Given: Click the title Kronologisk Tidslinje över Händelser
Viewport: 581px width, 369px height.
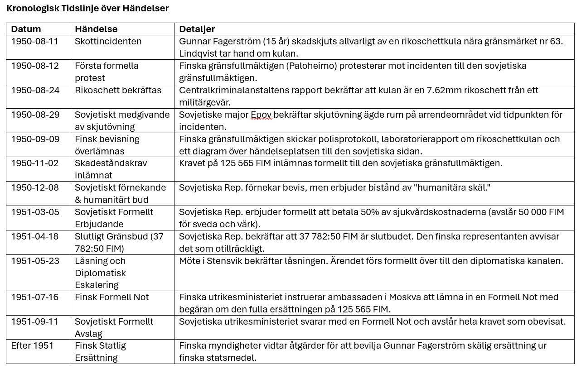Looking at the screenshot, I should point(87,8).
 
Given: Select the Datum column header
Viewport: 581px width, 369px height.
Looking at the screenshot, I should point(26,29).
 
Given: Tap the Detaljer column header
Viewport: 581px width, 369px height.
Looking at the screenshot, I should point(197,29).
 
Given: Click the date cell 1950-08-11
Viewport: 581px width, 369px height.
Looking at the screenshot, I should point(35,41).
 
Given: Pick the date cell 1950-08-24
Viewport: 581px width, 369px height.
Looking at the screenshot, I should point(35,90).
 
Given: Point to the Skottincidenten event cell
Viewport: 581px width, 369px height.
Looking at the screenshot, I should point(108,41).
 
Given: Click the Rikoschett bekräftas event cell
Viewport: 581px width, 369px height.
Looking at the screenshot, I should point(118,90).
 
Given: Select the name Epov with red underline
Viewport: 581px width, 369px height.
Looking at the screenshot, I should point(261,115).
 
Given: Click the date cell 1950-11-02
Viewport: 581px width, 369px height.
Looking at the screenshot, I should point(35,163).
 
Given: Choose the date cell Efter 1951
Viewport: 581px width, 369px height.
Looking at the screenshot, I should point(32,345).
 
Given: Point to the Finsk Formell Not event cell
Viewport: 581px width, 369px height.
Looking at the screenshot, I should point(111,297).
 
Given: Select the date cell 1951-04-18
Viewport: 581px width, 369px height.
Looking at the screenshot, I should point(35,236).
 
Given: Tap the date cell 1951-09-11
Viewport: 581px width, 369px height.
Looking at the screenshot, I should point(35,321).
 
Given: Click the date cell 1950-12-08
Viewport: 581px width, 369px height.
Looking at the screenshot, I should point(35,187).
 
